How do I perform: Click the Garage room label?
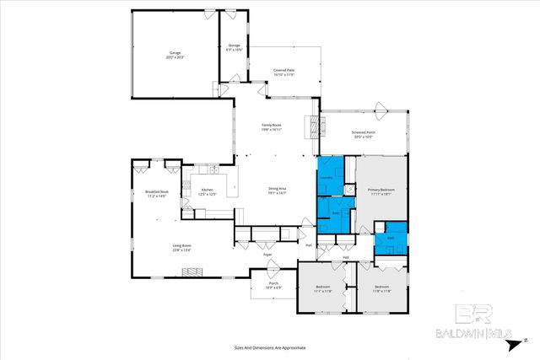[175, 54]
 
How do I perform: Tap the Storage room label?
[234, 47]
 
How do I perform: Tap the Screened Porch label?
[364, 134]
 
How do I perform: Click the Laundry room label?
[329, 178]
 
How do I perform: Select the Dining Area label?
[278, 191]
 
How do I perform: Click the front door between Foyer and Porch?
[272, 269]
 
